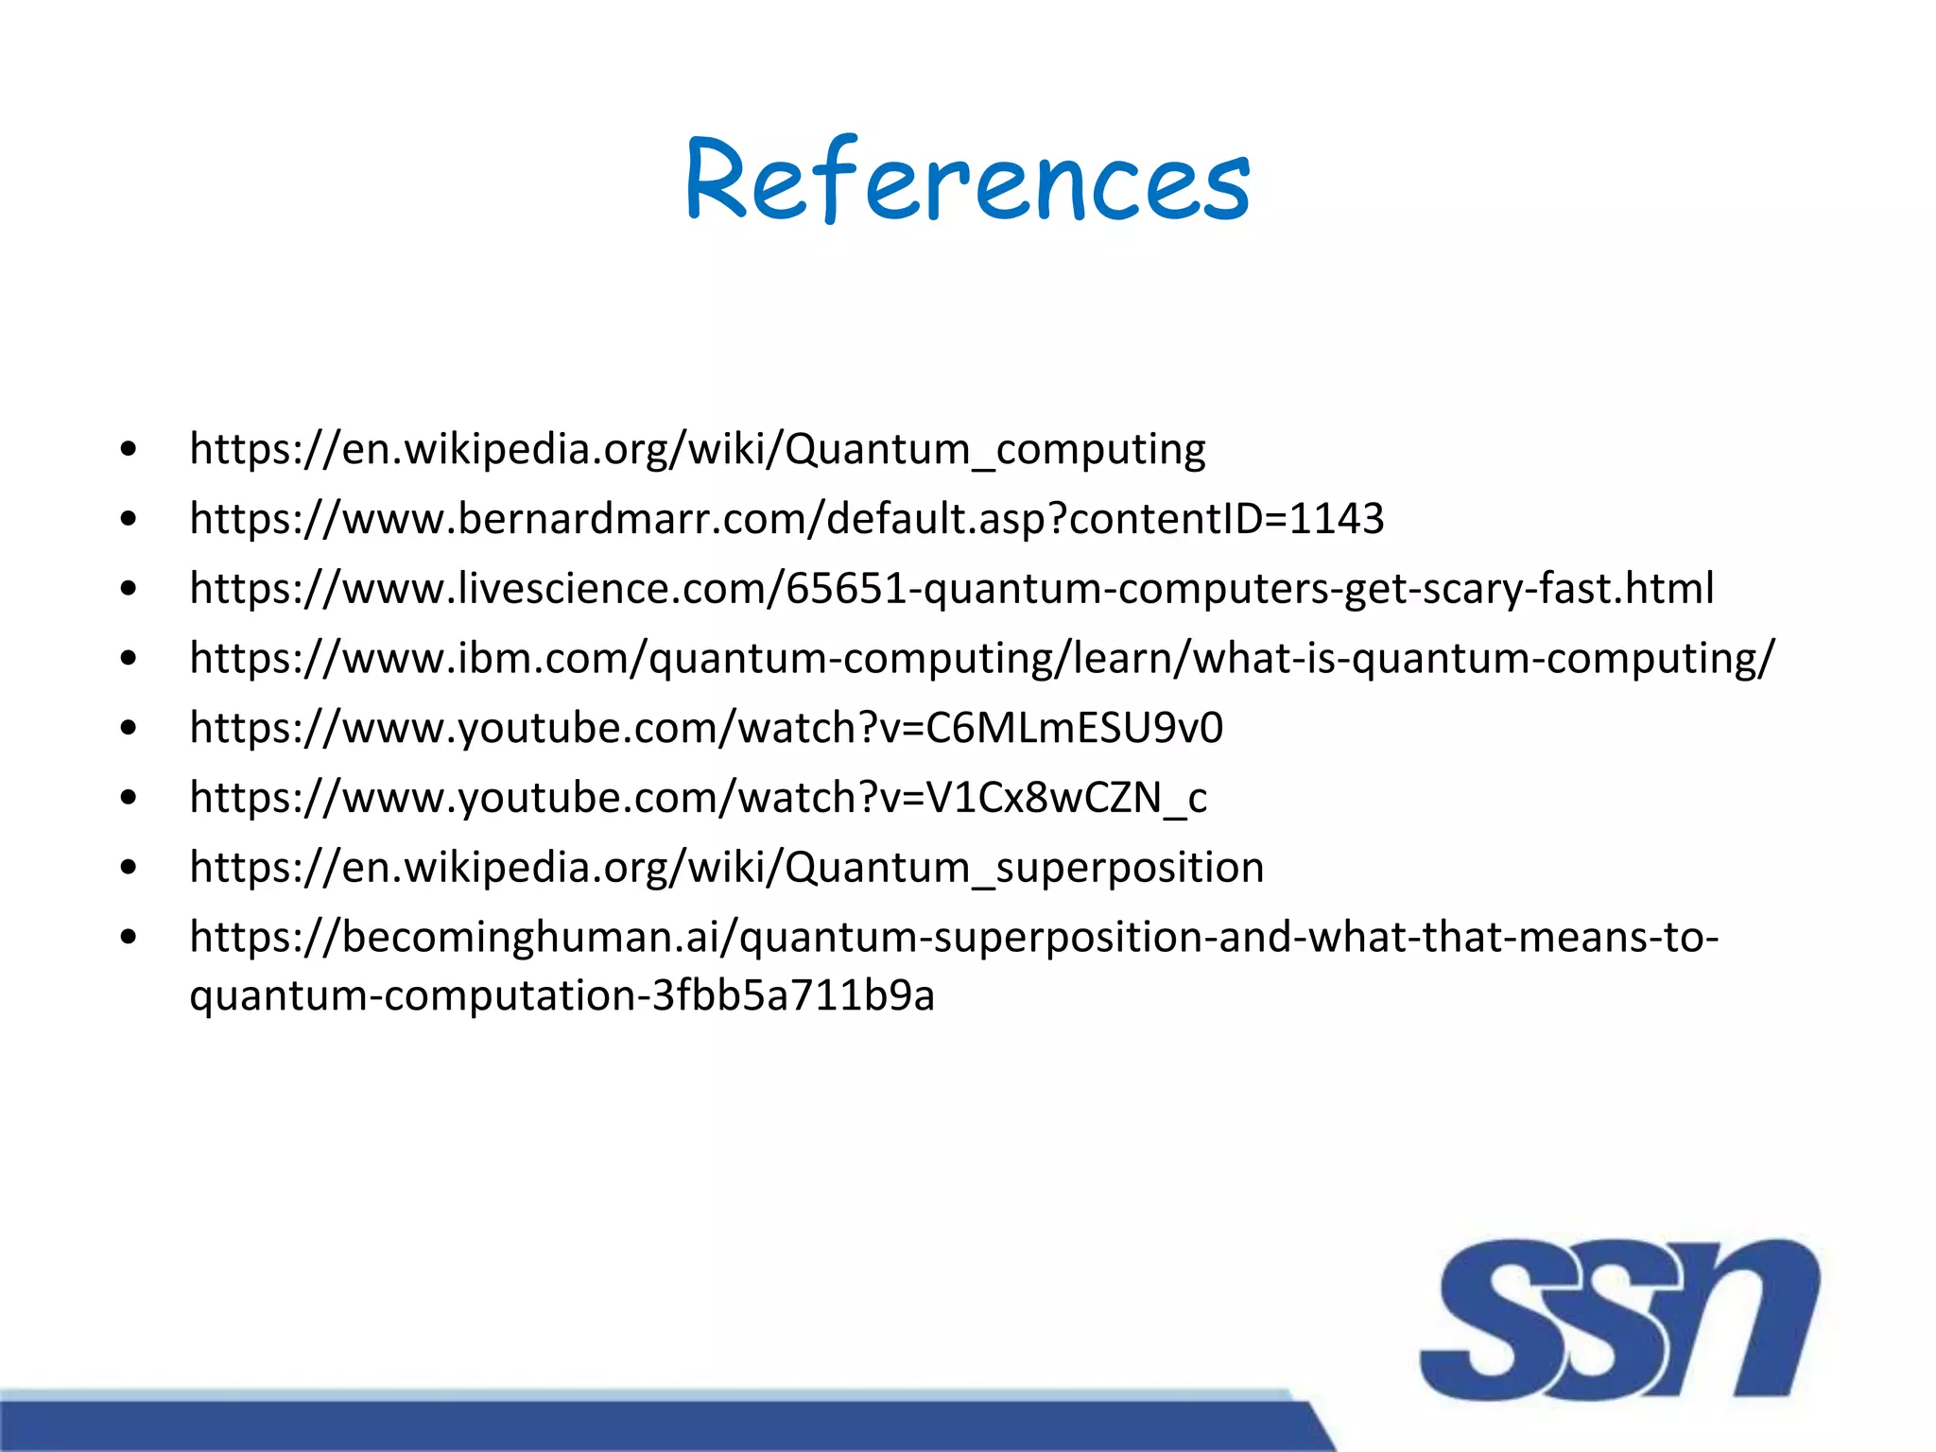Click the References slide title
[967, 180]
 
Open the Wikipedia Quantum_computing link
[698, 448]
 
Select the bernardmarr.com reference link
[786, 518]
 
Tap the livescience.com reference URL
[951, 588]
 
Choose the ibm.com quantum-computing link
[982, 658]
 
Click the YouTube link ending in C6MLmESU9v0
[706, 728]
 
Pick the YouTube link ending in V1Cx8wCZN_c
[698, 798]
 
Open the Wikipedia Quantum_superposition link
[726, 867]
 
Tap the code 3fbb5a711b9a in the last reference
[793, 995]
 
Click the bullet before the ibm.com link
[130, 658]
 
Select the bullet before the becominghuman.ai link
[130, 938]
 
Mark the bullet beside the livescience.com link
[130, 588]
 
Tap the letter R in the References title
[718, 180]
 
